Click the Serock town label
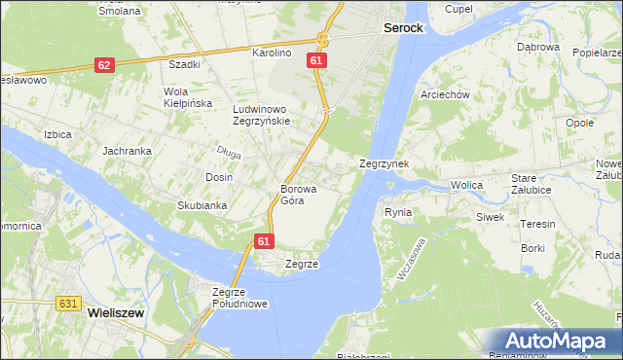coord(403,28)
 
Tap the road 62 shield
coord(105,64)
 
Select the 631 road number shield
coord(67,304)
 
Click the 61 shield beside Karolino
coord(315,60)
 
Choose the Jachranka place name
coord(127,152)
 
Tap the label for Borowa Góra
coord(293,195)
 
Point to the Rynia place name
coord(398,211)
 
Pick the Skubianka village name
coord(202,205)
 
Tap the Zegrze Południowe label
coord(240,298)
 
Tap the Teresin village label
coord(537,224)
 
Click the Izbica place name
coord(57,134)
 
